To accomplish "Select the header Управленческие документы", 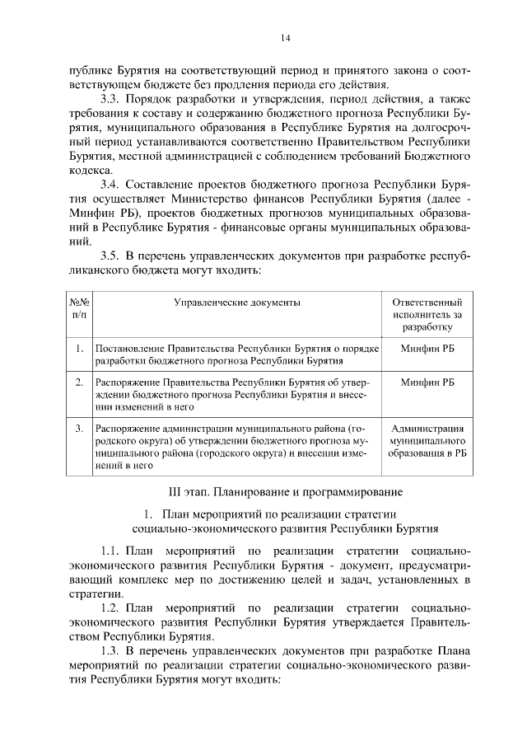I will point(236,303).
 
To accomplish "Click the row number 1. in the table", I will point(79,349).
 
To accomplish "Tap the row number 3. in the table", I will point(79,429).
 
